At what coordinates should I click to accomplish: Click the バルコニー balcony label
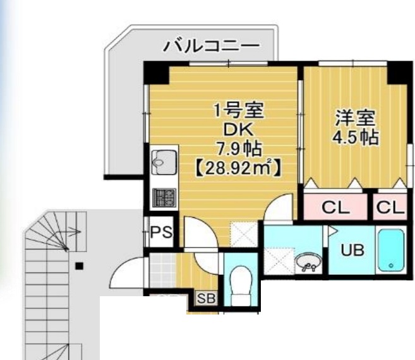coord(212,45)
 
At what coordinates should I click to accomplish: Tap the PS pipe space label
coord(160,232)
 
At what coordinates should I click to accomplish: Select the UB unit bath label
coord(352,250)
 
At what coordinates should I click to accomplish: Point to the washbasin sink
coord(308,261)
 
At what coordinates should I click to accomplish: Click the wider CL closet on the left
coord(335,207)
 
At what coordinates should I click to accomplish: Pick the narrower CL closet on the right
coord(390,207)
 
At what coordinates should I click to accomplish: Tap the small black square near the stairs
coord(78,266)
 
